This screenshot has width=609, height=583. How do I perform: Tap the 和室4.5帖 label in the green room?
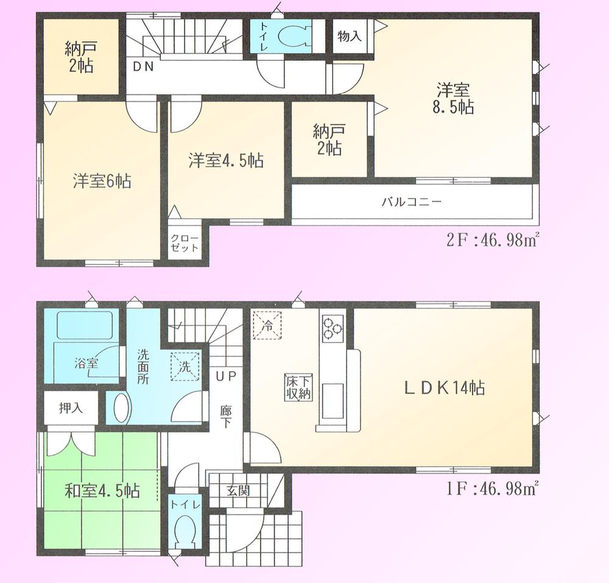tap(102, 490)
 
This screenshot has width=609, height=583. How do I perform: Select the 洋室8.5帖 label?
tap(454, 99)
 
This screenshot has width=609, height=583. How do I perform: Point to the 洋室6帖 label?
tap(102, 182)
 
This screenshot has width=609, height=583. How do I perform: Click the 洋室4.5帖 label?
tap(225, 161)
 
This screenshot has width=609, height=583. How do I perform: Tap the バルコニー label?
tap(411, 202)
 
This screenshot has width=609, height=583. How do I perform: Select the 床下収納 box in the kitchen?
tap(298, 387)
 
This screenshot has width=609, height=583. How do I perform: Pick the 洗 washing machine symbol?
tap(185, 367)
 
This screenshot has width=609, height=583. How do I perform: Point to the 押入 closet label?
tap(70, 407)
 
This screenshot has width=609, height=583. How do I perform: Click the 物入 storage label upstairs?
tap(350, 36)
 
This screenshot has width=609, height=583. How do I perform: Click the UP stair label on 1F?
tap(225, 375)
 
